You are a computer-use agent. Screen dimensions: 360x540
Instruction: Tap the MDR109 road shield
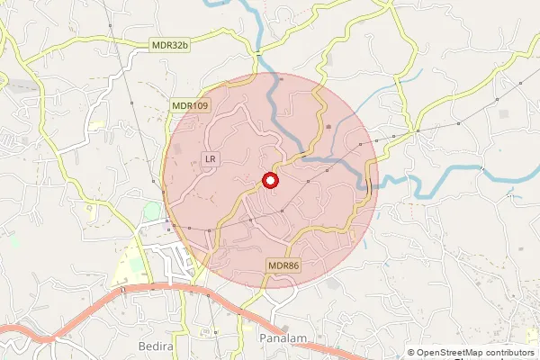(x=190, y=106)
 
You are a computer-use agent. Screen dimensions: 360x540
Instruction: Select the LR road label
(x=211, y=159)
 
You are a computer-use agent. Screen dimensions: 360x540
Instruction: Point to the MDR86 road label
(x=283, y=265)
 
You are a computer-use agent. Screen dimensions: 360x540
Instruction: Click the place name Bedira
(x=156, y=346)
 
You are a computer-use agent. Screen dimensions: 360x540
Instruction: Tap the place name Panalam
(x=283, y=337)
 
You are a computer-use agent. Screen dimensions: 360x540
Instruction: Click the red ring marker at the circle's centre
(x=270, y=180)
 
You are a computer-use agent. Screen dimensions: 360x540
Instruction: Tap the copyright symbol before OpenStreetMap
(x=411, y=353)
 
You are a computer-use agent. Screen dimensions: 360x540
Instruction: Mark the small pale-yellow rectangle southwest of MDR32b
(x=95, y=125)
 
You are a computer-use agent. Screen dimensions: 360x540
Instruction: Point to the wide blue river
(x=450, y=179)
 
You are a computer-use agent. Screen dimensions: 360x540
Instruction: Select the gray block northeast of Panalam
(x=335, y=284)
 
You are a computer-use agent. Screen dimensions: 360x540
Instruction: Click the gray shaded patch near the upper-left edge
(x=27, y=86)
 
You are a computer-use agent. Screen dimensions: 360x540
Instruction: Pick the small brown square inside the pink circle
(x=328, y=126)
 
